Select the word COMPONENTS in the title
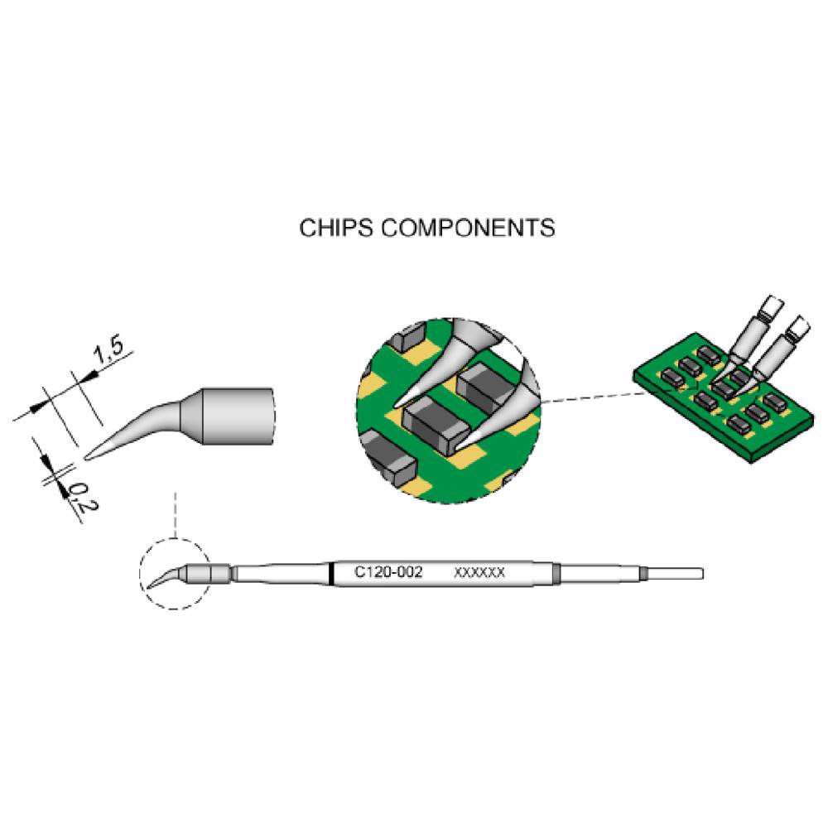tap(468, 228)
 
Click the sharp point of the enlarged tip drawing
tap(87, 455)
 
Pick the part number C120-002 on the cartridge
tap(389, 572)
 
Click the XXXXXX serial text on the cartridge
tap(480, 572)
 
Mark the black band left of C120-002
tap(331, 573)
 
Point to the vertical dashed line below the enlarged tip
tap(175, 513)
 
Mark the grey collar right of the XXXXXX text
tap(556, 573)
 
